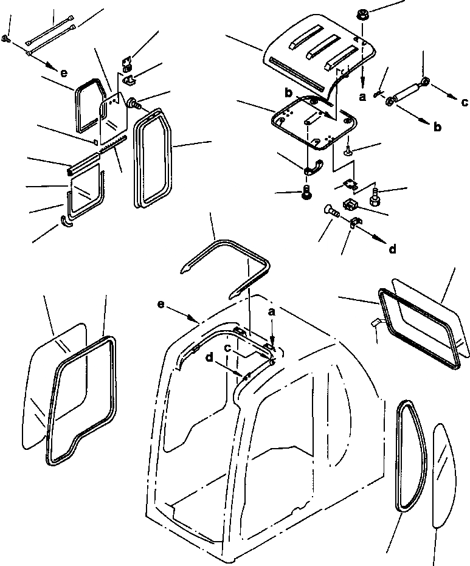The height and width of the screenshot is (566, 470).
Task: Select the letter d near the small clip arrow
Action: [x=393, y=248]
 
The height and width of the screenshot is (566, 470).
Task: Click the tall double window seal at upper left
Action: [x=150, y=158]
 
